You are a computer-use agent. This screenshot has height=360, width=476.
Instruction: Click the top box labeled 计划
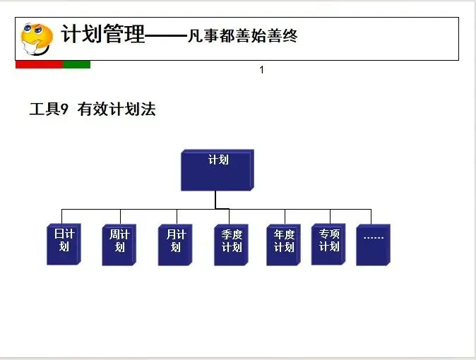click(217, 169)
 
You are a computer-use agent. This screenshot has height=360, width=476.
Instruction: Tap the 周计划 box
click(119, 244)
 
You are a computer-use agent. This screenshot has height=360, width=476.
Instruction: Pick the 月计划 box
click(175, 244)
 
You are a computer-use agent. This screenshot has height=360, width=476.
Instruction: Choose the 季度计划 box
click(231, 244)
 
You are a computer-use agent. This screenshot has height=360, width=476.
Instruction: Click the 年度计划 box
click(283, 244)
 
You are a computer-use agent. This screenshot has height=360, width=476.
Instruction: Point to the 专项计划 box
click(328, 244)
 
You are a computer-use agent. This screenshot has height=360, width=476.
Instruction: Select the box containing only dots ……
click(373, 244)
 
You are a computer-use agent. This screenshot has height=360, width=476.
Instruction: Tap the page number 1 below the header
click(262, 69)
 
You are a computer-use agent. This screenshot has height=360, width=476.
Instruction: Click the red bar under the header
click(39, 64)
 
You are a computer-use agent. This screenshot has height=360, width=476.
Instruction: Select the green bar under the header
click(76, 64)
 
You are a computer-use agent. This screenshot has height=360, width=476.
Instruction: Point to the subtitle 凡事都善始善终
click(242, 35)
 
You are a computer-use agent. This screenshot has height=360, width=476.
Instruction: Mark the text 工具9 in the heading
click(48, 109)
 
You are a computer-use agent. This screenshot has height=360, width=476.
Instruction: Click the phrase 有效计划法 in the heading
click(117, 109)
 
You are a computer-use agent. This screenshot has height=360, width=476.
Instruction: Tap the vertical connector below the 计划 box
click(216, 200)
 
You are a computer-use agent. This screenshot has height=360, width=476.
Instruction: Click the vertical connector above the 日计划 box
click(61, 216)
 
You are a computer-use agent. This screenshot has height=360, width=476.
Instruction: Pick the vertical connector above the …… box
click(371, 216)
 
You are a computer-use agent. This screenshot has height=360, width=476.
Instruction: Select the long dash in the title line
click(166, 35)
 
